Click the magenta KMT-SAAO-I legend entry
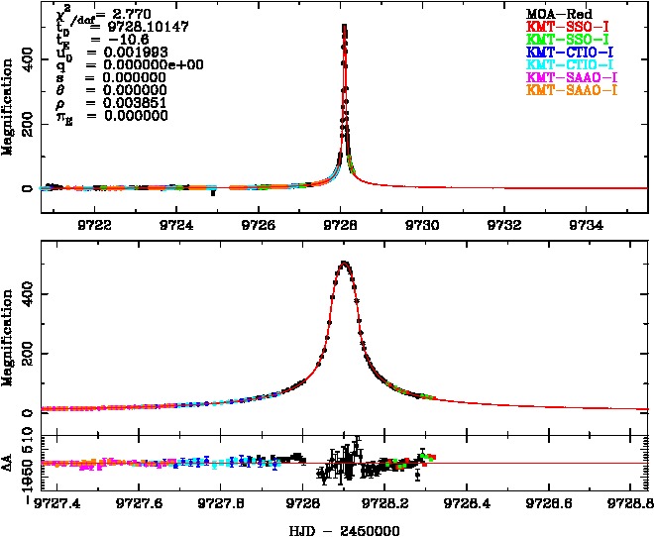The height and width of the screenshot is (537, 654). (x=571, y=77)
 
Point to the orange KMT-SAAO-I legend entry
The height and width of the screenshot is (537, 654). (x=571, y=90)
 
